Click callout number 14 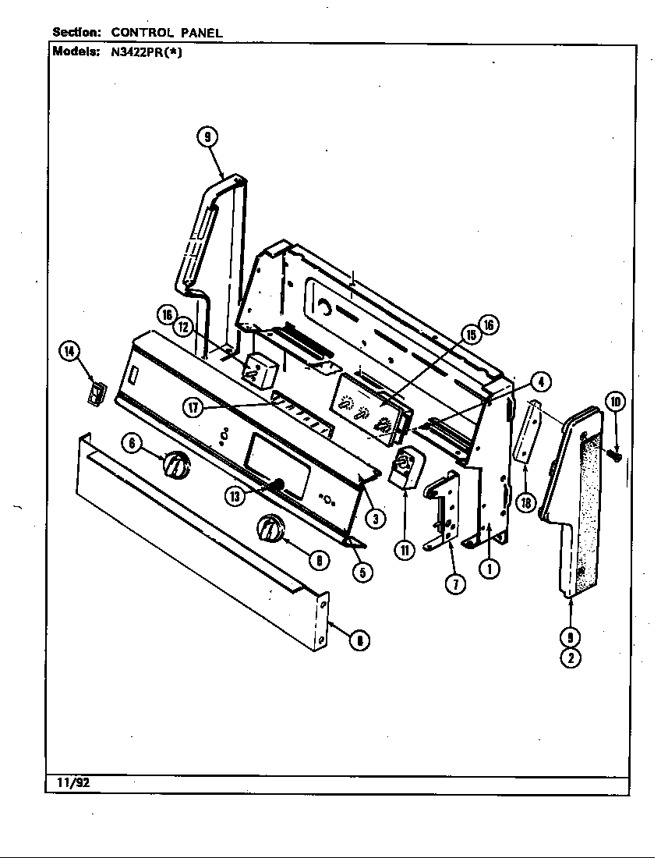69,353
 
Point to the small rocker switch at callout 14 95,393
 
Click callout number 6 133,443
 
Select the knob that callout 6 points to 176,465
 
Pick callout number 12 184,328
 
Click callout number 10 615,402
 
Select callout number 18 526,502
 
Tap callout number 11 405,550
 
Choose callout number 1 490,569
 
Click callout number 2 571,658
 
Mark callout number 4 539,381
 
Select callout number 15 470,334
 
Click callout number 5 361,572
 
